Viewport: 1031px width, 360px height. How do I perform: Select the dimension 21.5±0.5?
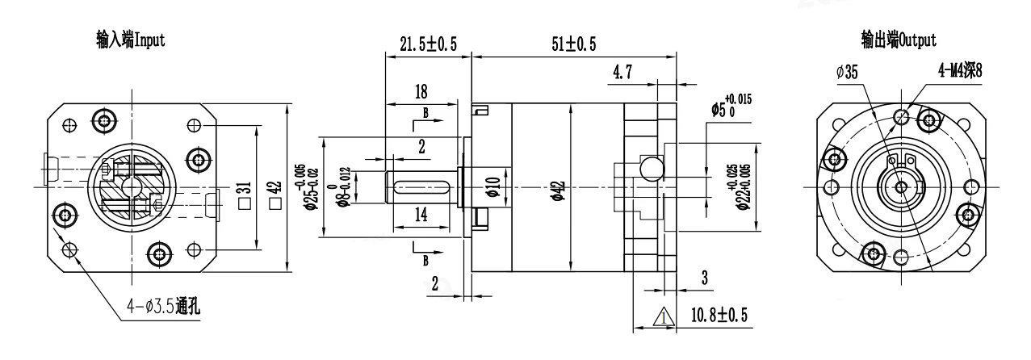coord(428,45)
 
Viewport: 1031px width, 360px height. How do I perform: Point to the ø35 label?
coord(847,73)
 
